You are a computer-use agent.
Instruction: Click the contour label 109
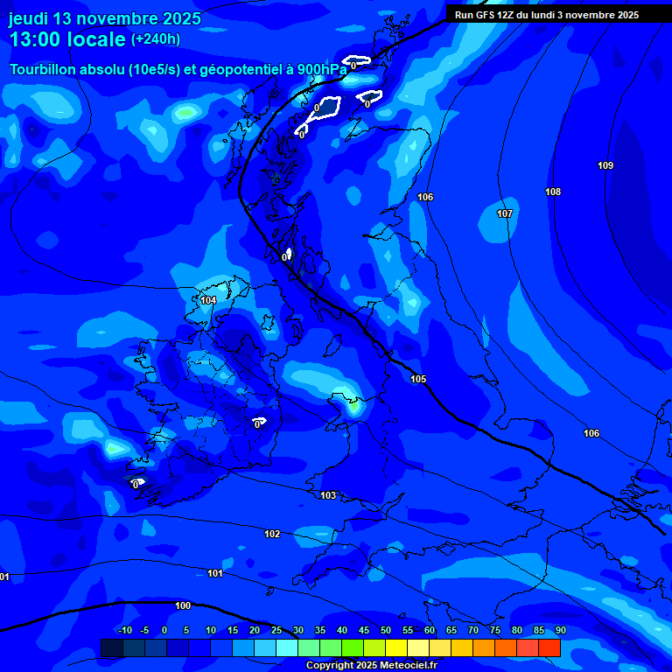(x=605, y=166)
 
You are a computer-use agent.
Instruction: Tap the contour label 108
(x=553, y=192)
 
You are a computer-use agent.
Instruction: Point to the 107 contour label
(x=505, y=214)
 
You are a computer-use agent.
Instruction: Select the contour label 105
(x=418, y=379)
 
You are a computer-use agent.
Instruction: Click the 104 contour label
(x=208, y=301)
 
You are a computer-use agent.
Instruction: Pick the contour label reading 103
(x=328, y=496)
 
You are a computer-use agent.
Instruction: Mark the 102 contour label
(x=273, y=534)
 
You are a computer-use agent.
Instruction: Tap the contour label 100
(x=183, y=605)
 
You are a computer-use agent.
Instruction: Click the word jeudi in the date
(x=29, y=18)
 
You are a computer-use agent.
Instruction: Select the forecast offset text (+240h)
(x=156, y=39)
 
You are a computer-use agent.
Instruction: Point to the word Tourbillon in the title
(x=45, y=70)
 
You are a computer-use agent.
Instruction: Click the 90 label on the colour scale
(x=560, y=631)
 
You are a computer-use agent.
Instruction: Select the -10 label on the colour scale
(x=125, y=631)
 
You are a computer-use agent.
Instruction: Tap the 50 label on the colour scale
(x=386, y=631)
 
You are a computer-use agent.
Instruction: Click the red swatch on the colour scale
(x=549, y=647)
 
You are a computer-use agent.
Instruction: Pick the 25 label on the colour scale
(x=276, y=631)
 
